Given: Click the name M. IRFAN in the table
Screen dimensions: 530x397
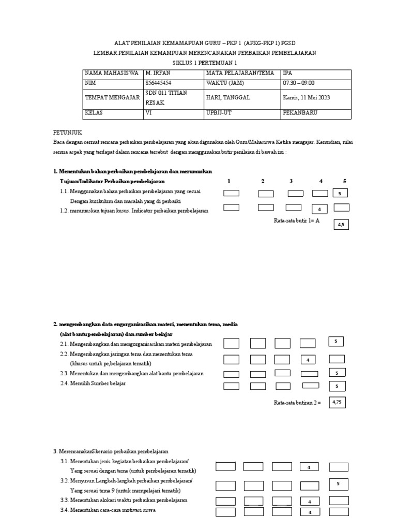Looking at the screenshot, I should coord(158,73).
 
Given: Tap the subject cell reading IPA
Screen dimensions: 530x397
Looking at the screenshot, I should coord(288,73).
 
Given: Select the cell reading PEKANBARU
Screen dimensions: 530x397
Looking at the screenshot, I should coord(300,112).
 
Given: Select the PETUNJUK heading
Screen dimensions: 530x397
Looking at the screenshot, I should coord(68,132).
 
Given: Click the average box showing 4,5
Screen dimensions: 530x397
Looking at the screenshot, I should coord(341,224).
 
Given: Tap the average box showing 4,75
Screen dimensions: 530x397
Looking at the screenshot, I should coord(337,402).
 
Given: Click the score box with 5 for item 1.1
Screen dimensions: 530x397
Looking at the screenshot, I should coord(340,193).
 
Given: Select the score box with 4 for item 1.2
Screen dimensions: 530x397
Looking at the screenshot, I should coord(320,209).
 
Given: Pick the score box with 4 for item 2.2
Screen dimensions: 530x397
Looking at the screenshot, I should coord(308,360).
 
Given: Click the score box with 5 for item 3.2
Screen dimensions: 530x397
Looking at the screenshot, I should coord(338,484).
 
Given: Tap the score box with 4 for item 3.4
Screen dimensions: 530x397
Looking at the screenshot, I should coord(309,512).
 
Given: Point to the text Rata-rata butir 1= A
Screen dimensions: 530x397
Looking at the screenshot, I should coord(297,220).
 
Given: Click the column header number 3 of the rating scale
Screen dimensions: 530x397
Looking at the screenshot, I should coord(291,181).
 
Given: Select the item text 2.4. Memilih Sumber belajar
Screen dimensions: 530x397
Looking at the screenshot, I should coord(93,384).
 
